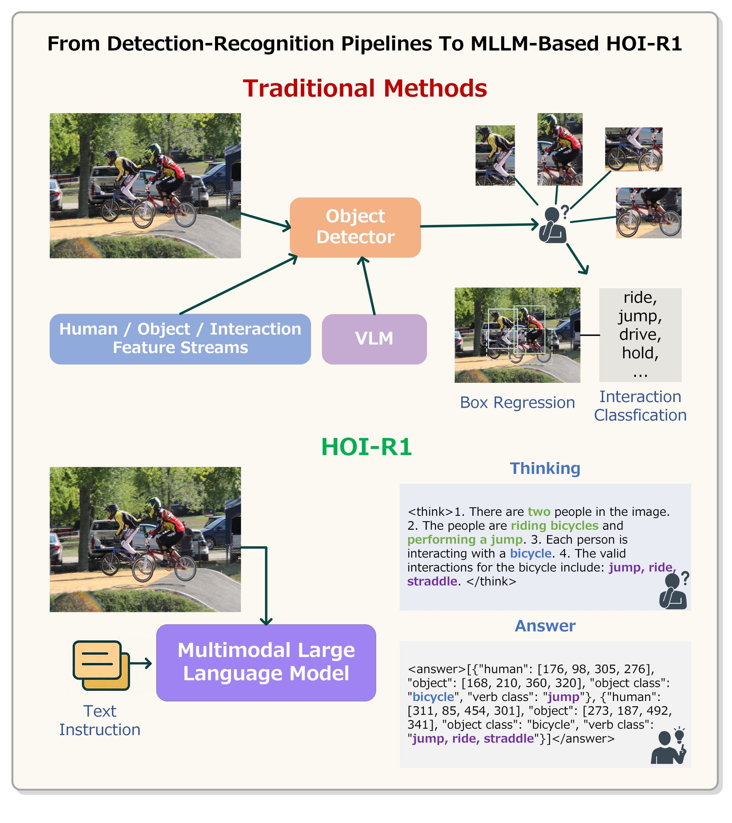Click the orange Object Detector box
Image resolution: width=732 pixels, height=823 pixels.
coord(355,227)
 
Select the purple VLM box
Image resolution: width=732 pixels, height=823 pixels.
coord(374,339)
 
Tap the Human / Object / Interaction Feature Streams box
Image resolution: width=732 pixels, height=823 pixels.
coord(180,339)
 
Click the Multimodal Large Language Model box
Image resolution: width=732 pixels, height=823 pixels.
coord(266,662)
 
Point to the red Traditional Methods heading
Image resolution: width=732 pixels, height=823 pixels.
coord(365,88)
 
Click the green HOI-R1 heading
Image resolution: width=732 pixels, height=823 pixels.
coord(366,447)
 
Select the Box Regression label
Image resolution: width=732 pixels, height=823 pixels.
coord(517,402)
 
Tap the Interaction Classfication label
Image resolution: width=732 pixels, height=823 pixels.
coord(640,406)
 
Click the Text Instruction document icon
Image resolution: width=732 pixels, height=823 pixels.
coord(101,665)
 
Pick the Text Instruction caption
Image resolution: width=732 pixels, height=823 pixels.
coord(100,721)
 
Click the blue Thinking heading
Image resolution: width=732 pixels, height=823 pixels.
coord(545,468)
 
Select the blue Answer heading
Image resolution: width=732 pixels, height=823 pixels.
coord(545,626)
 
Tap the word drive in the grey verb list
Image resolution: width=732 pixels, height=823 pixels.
coord(640,334)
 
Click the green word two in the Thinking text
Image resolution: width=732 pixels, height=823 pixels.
coord(539,512)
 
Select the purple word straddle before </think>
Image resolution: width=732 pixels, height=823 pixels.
coord(432,581)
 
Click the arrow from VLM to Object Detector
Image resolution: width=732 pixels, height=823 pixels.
coord(368,286)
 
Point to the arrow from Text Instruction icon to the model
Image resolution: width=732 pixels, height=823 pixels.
coord(141,663)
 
